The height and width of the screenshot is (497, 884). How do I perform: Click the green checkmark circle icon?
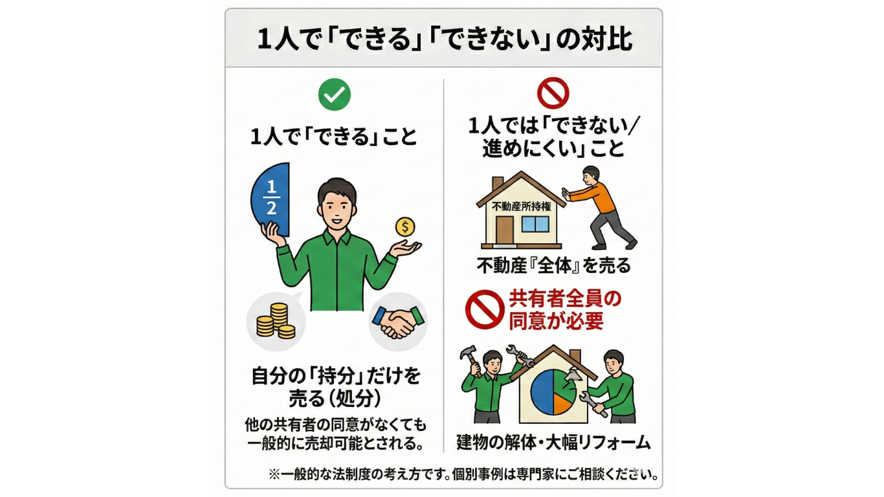(x=335, y=94)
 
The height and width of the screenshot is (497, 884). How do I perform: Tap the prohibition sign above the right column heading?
(x=553, y=93)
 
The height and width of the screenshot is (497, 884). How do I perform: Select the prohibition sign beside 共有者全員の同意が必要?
(x=485, y=310)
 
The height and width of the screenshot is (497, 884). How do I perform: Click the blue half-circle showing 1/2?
(x=271, y=199)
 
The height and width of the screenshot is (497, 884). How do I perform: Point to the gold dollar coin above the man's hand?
(x=405, y=227)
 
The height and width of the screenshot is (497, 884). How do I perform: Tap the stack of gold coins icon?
(x=276, y=320)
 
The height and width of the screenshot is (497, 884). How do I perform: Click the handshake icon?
(x=398, y=322)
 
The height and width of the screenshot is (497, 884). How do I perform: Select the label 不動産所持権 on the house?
(x=522, y=206)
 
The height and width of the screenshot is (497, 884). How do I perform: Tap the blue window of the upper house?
(x=535, y=224)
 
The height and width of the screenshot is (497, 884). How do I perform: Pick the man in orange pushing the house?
(x=598, y=208)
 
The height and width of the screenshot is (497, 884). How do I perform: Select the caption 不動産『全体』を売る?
(x=553, y=266)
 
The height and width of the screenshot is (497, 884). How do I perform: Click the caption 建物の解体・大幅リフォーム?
(x=553, y=443)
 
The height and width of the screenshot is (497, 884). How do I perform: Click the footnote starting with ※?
(x=463, y=474)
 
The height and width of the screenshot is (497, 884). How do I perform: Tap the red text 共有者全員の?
(x=565, y=299)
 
